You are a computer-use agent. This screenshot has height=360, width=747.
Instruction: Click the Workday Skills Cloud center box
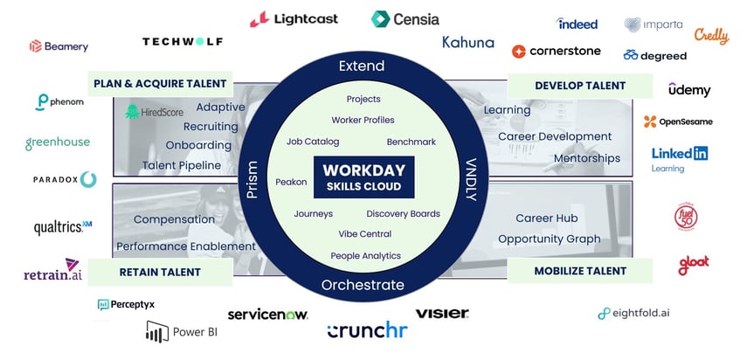[363, 177]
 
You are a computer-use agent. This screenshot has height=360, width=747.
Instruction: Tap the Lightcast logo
[294, 18]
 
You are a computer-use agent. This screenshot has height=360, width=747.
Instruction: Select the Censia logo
[405, 18]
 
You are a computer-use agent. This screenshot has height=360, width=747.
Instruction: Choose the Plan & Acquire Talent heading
[160, 84]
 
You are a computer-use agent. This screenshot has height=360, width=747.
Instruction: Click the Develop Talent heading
[580, 86]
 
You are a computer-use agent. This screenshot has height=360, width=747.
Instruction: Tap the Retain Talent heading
[160, 272]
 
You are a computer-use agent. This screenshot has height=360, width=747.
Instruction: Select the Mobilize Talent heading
[580, 272]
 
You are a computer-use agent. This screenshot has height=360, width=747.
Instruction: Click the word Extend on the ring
[363, 67]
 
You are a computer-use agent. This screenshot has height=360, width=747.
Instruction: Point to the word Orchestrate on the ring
[363, 285]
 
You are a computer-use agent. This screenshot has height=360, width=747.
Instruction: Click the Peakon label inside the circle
[291, 182]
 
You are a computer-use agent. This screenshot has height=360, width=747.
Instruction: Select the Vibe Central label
[364, 234]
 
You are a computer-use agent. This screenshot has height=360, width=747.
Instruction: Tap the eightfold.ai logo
[633, 313]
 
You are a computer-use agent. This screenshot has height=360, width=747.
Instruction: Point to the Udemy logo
[689, 90]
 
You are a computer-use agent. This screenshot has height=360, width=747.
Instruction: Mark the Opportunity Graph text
[549, 239]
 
